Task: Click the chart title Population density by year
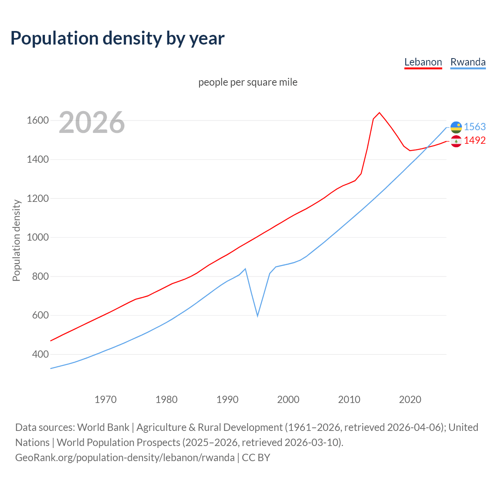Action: (117, 38)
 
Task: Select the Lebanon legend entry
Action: (423, 62)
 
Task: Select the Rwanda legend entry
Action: (468, 62)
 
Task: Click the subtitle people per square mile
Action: (248, 82)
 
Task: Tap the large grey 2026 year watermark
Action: (92, 122)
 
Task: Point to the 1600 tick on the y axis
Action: (38, 121)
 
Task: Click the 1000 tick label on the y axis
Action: (38, 237)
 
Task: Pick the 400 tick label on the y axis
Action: (40, 354)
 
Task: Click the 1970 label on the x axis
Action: (105, 400)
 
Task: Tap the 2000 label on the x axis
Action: (288, 400)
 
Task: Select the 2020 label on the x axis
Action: (410, 400)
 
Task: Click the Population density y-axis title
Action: (16, 240)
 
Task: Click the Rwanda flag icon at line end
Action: (456, 127)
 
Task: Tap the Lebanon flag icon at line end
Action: (456, 141)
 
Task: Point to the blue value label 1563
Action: (475, 127)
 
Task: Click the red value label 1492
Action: (475, 140)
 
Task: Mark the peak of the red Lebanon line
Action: (379, 113)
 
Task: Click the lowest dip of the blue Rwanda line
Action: (257, 316)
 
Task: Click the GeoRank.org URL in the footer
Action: (125, 458)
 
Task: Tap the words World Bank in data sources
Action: (103, 427)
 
